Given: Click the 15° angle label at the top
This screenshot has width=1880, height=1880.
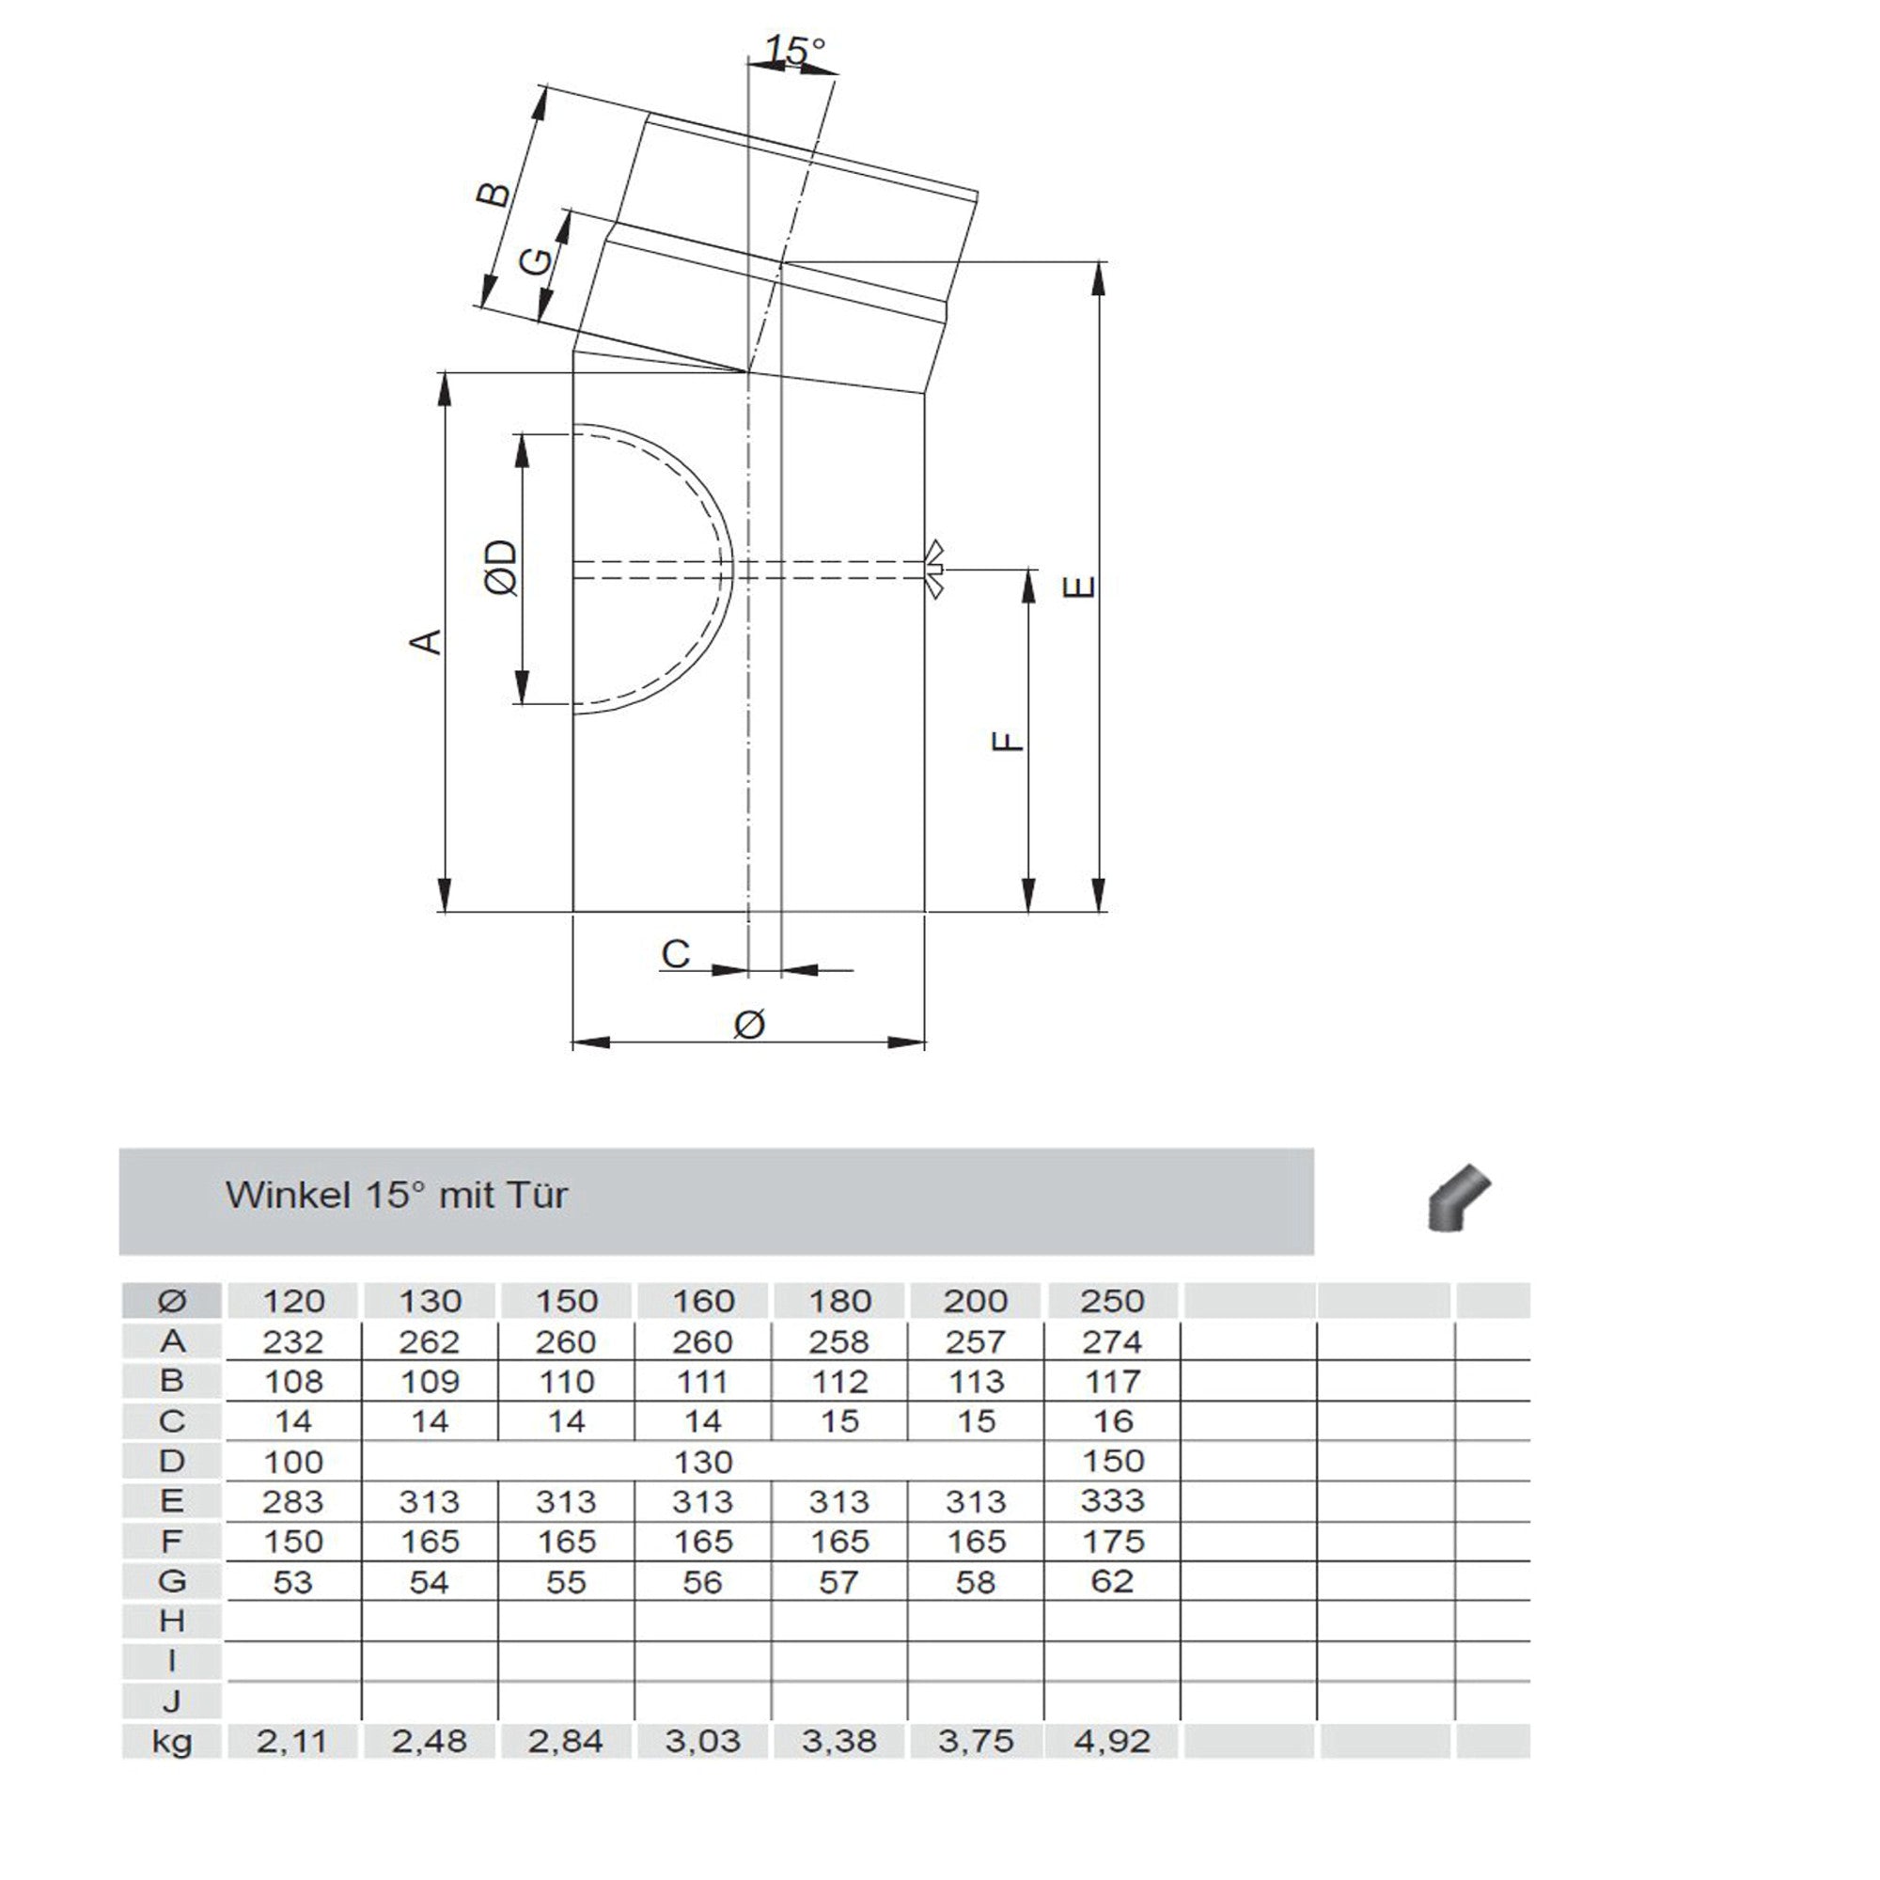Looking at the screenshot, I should [794, 51].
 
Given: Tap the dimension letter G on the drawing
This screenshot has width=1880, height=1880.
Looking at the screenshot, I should [534, 260].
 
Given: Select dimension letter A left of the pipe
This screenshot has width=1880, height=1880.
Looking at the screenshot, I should [425, 641].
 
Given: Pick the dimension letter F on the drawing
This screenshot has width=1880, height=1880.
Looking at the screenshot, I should [1008, 741].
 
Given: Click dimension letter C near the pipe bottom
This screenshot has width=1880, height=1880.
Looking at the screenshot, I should [675, 953].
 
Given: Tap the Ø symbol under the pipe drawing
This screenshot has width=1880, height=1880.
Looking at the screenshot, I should [748, 1023].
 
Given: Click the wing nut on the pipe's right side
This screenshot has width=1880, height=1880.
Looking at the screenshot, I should [934, 569].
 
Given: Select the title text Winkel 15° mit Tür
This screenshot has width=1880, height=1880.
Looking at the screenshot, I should [396, 1195].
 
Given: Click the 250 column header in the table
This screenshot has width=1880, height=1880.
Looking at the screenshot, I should [1111, 1301].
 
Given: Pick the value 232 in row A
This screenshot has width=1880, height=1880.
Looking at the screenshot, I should [293, 1342].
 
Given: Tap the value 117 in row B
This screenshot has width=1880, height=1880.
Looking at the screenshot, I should [1111, 1381].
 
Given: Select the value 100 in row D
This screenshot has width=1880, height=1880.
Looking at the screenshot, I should [293, 1462].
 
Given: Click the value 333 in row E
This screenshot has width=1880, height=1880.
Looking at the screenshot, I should [1111, 1500].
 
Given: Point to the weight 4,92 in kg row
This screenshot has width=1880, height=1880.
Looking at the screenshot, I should [1111, 1741].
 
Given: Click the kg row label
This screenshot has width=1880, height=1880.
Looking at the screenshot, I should [172, 1742].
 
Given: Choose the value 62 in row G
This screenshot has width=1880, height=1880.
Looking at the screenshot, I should [1111, 1581].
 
